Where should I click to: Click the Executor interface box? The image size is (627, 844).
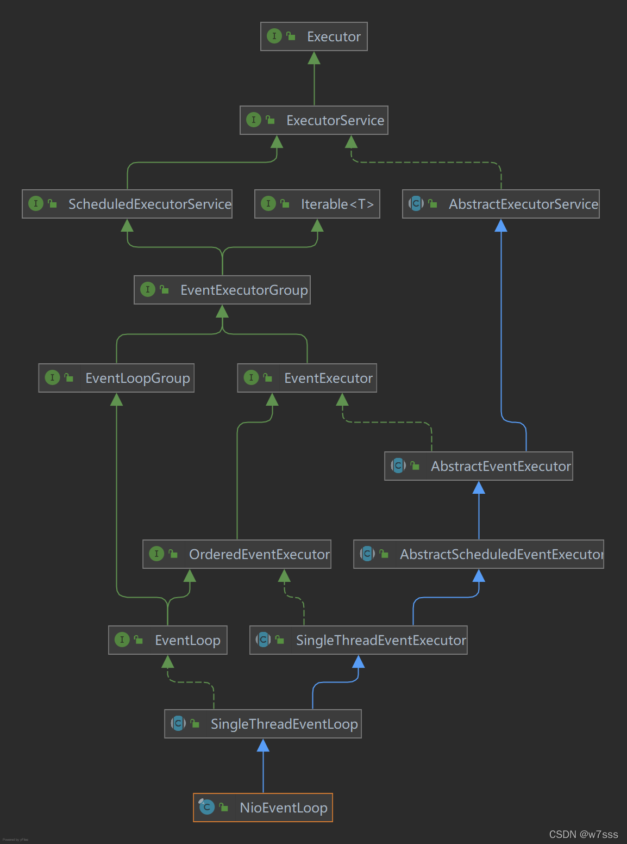point(314,36)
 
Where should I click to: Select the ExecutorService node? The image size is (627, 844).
point(314,120)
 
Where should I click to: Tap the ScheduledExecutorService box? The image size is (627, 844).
point(127,204)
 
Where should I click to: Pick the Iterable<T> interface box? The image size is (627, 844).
point(317,204)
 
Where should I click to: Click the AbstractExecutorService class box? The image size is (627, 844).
point(501,204)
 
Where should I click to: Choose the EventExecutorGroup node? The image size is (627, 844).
point(222,290)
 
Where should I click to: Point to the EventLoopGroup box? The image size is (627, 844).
point(116,378)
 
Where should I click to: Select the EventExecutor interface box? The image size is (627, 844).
point(307,378)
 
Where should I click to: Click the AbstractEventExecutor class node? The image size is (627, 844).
point(479,466)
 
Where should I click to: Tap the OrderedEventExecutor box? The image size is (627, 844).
point(237,554)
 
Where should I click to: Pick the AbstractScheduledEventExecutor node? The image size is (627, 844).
point(479,554)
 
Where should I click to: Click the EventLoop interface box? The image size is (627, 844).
point(168,640)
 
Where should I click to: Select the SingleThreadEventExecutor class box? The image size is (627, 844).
point(359,640)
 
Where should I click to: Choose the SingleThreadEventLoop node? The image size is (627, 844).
point(263,724)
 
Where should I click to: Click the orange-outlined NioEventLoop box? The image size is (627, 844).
point(263,808)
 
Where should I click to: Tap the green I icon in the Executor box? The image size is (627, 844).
point(274,36)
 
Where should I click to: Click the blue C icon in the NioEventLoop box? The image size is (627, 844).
point(206,808)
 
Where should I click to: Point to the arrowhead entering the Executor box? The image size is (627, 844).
point(314,58)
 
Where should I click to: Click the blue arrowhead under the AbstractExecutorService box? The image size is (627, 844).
point(501,226)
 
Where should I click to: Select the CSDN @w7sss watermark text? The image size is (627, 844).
point(584,834)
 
